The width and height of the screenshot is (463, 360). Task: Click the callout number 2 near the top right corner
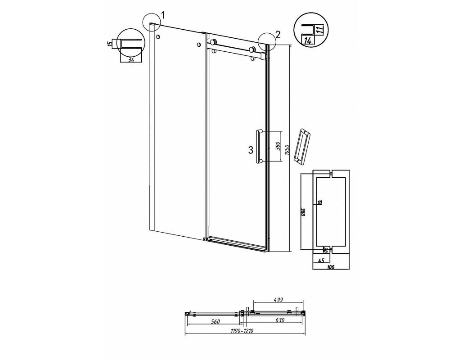pyautogui.click(x=278, y=35)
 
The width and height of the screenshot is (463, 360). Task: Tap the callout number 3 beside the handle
pyautogui.click(x=250, y=150)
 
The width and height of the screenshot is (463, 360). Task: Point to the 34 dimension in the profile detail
pyautogui.click(x=131, y=60)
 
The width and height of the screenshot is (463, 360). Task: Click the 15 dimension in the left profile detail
pyautogui.click(x=110, y=44)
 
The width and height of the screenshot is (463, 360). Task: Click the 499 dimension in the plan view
pyautogui.click(x=279, y=300)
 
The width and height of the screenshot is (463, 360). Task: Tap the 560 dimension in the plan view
pyautogui.click(x=215, y=322)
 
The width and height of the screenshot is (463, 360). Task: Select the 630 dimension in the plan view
pyautogui.click(x=279, y=320)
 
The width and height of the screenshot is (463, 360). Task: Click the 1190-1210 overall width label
pyautogui.click(x=242, y=331)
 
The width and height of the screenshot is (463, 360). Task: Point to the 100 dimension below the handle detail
pyautogui.click(x=331, y=267)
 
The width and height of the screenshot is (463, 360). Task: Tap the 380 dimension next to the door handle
pyautogui.click(x=277, y=147)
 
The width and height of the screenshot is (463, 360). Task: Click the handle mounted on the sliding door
pyautogui.click(x=259, y=146)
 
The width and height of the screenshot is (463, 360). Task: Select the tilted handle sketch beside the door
pyautogui.click(x=301, y=146)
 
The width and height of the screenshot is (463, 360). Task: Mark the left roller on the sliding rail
pyautogui.click(x=213, y=42)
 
